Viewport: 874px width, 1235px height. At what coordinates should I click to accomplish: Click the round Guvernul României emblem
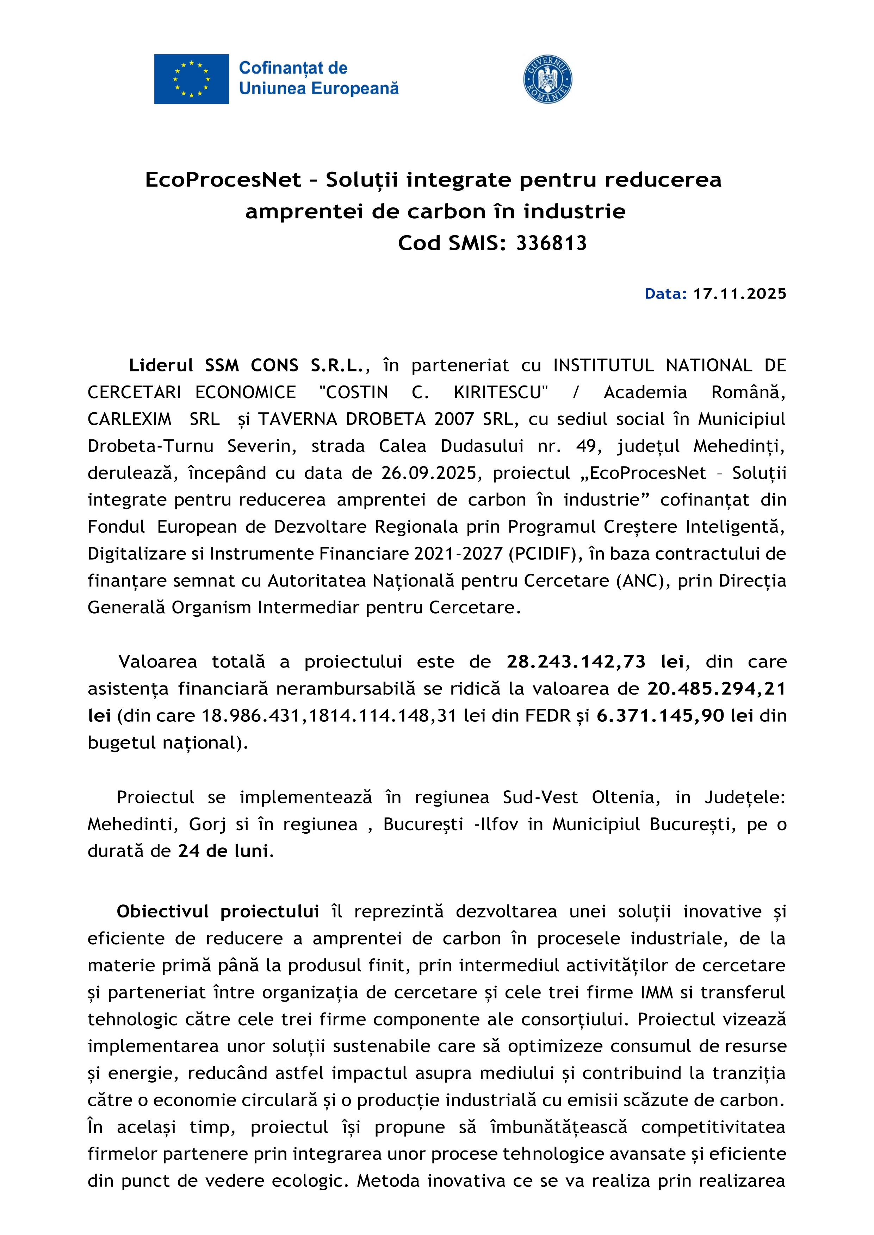[x=547, y=79]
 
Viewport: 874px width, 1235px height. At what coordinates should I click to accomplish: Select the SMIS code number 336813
[x=551, y=244]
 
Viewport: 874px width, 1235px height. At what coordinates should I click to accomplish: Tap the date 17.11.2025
[x=739, y=294]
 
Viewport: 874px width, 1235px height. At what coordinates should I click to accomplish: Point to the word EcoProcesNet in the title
[x=223, y=180]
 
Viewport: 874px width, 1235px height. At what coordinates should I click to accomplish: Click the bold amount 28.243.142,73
[x=576, y=662]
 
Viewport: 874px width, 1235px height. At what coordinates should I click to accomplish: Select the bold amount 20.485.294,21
[x=716, y=689]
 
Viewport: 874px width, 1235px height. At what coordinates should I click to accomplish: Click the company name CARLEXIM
[x=129, y=419]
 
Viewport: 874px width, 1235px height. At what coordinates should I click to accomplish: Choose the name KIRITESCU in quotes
[x=501, y=392]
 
